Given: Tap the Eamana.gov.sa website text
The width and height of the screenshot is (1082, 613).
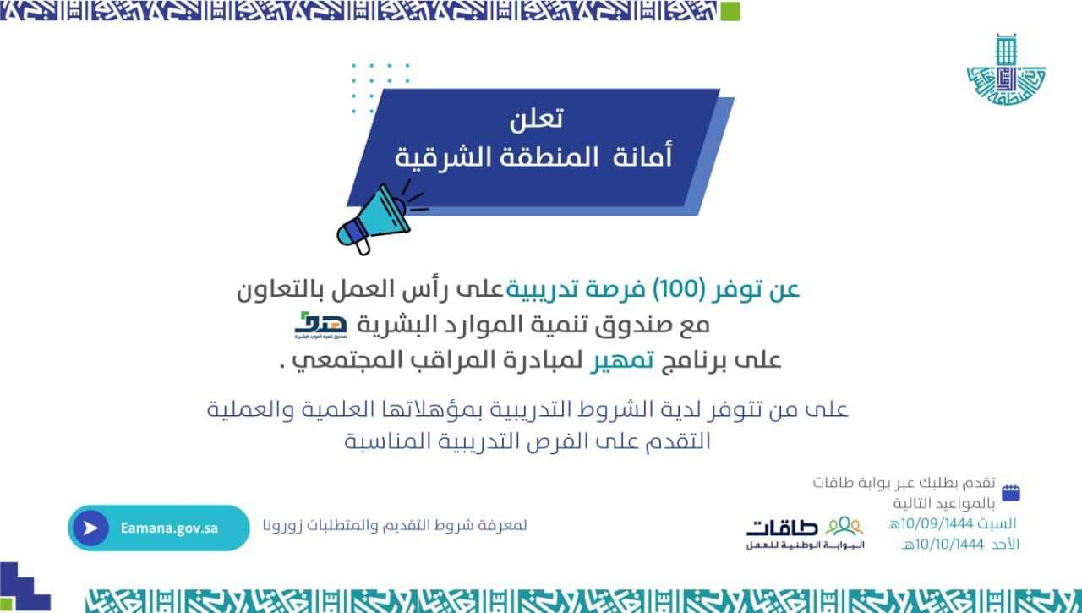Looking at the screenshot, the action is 169,528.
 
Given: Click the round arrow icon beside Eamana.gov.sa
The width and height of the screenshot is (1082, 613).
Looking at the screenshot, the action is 90,528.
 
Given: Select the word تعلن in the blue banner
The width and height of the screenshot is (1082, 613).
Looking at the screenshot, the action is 536,118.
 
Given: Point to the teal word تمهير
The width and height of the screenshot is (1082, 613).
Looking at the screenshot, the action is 623,360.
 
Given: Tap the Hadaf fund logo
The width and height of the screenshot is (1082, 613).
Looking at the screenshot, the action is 320,325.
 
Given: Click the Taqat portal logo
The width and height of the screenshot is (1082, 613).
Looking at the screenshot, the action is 806,534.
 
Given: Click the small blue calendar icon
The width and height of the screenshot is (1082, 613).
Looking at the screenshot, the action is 1010,493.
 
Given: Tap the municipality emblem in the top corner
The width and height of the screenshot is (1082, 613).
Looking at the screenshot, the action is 1006,69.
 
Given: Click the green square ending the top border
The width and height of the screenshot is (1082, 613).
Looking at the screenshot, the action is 730,11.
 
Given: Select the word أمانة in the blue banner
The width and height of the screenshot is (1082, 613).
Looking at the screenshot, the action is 642,156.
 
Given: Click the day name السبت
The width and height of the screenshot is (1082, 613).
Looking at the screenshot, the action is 997,523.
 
